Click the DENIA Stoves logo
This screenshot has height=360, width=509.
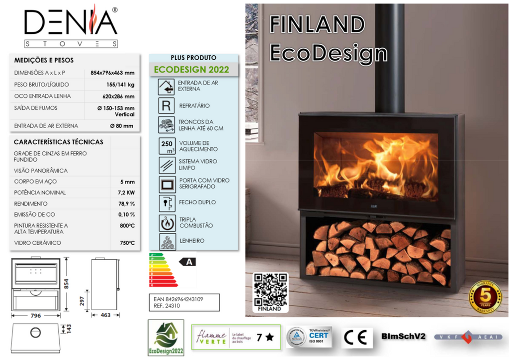71,27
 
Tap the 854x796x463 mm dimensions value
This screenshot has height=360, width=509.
112,73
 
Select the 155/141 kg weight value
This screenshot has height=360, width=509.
120,85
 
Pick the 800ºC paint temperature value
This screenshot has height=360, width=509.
127,226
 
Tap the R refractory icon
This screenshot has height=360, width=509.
166,105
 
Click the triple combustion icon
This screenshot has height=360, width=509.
166,223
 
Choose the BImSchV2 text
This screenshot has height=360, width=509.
404,337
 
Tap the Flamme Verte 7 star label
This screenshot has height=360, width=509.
236,337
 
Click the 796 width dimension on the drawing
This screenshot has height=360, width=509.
36,315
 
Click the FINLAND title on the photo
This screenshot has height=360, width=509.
317,24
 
